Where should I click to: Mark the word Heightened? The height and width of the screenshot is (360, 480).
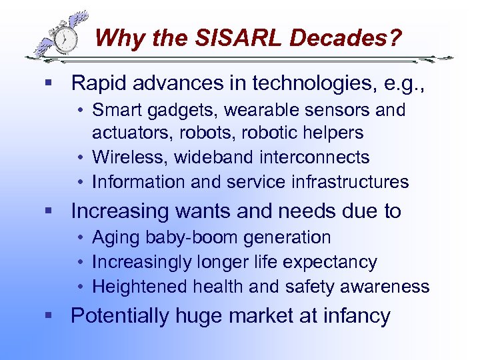tap(140, 287)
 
